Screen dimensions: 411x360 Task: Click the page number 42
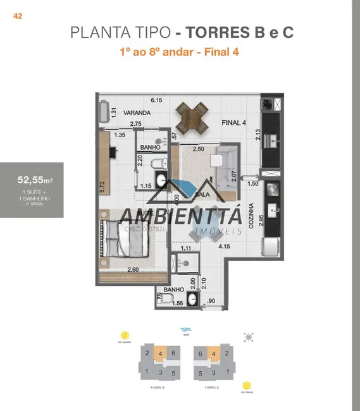(x=18, y=16)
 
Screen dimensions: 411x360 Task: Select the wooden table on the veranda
(x=193, y=118)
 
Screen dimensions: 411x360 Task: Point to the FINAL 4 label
(x=233, y=123)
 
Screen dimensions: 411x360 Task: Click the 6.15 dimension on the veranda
(x=156, y=100)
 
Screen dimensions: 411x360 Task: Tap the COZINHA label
(x=252, y=218)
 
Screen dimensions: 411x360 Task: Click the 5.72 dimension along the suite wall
(x=102, y=187)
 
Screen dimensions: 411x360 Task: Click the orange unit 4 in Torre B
(x=161, y=353)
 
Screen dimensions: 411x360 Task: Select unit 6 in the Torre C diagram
(x=201, y=353)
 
